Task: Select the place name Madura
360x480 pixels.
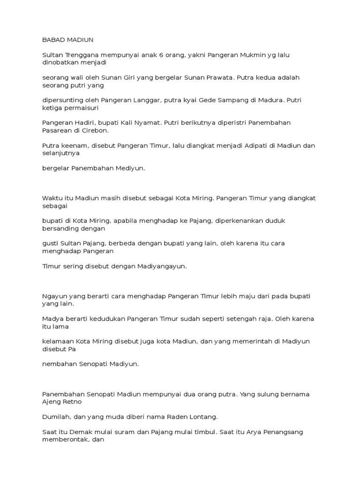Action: (x=269, y=100)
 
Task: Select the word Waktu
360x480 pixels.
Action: (x=51, y=198)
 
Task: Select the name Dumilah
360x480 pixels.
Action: (x=56, y=416)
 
